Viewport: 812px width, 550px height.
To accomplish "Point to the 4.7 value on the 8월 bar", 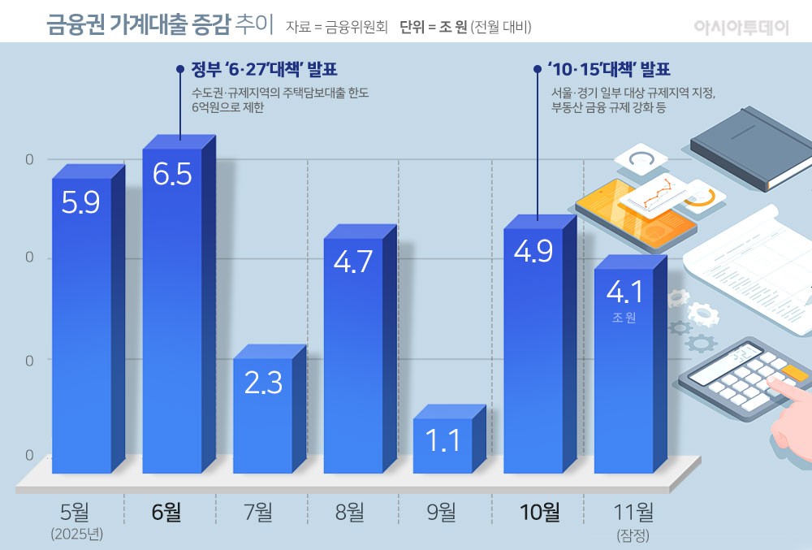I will point(353,262).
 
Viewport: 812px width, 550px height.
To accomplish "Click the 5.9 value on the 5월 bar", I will point(81,201).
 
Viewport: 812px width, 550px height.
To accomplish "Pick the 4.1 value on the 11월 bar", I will point(624,291).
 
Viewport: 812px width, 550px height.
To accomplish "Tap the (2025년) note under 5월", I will point(78,535).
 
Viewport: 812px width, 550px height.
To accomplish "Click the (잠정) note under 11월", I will point(633,535).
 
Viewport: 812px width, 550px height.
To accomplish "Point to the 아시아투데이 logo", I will point(741,26).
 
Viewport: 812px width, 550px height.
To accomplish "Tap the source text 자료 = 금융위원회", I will point(336,26).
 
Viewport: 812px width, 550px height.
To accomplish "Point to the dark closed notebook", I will point(751,148).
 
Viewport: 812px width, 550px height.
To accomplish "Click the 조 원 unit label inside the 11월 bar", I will point(624,318).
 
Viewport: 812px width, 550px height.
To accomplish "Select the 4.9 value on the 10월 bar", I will point(533,251).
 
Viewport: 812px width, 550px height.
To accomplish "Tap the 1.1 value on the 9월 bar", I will point(443,440).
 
